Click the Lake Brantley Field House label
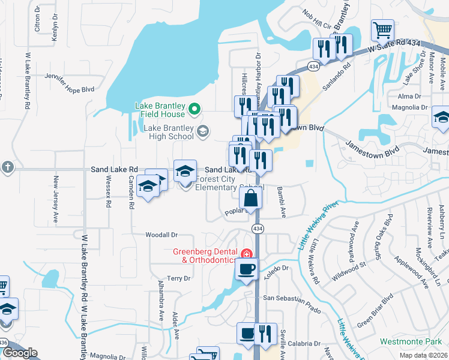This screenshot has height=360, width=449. coord(158,109)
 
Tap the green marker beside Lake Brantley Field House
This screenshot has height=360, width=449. coord(194,109)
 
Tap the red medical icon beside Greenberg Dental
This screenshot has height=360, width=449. coord(246,254)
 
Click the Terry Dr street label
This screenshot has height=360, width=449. coord(179,278)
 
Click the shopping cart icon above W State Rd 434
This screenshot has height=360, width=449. coord(382,29)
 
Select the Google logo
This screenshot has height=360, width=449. coord(20,353)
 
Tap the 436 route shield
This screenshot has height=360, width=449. coord(4,342)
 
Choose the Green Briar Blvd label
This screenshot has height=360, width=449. coord(376,314)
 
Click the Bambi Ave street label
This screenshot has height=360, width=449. coord(281,202)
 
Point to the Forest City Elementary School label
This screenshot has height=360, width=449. coord(217,182)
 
